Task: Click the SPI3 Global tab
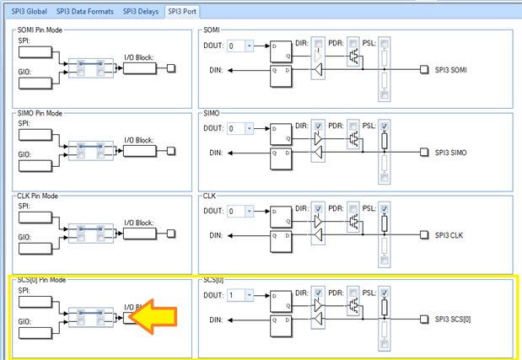29,13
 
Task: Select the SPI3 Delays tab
141,13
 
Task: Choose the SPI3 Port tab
184,13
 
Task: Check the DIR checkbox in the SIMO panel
317,126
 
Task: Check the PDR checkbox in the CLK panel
352,209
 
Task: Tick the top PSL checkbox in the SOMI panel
385,44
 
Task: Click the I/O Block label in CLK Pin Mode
138,223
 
